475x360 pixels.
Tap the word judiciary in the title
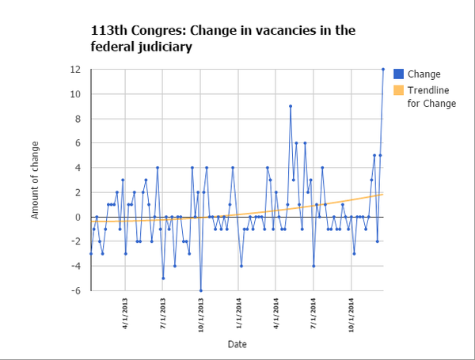coord(163,47)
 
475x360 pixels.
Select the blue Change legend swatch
coord(399,74)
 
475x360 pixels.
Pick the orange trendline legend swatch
coord(399,90)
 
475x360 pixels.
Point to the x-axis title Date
coord(237,344)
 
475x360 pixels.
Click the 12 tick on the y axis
coord(77,70)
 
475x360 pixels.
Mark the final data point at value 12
coord(383,69)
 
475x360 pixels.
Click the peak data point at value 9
coord(291,106)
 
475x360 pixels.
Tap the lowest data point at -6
coord(200,290)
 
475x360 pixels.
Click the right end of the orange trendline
coord(383,194)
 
